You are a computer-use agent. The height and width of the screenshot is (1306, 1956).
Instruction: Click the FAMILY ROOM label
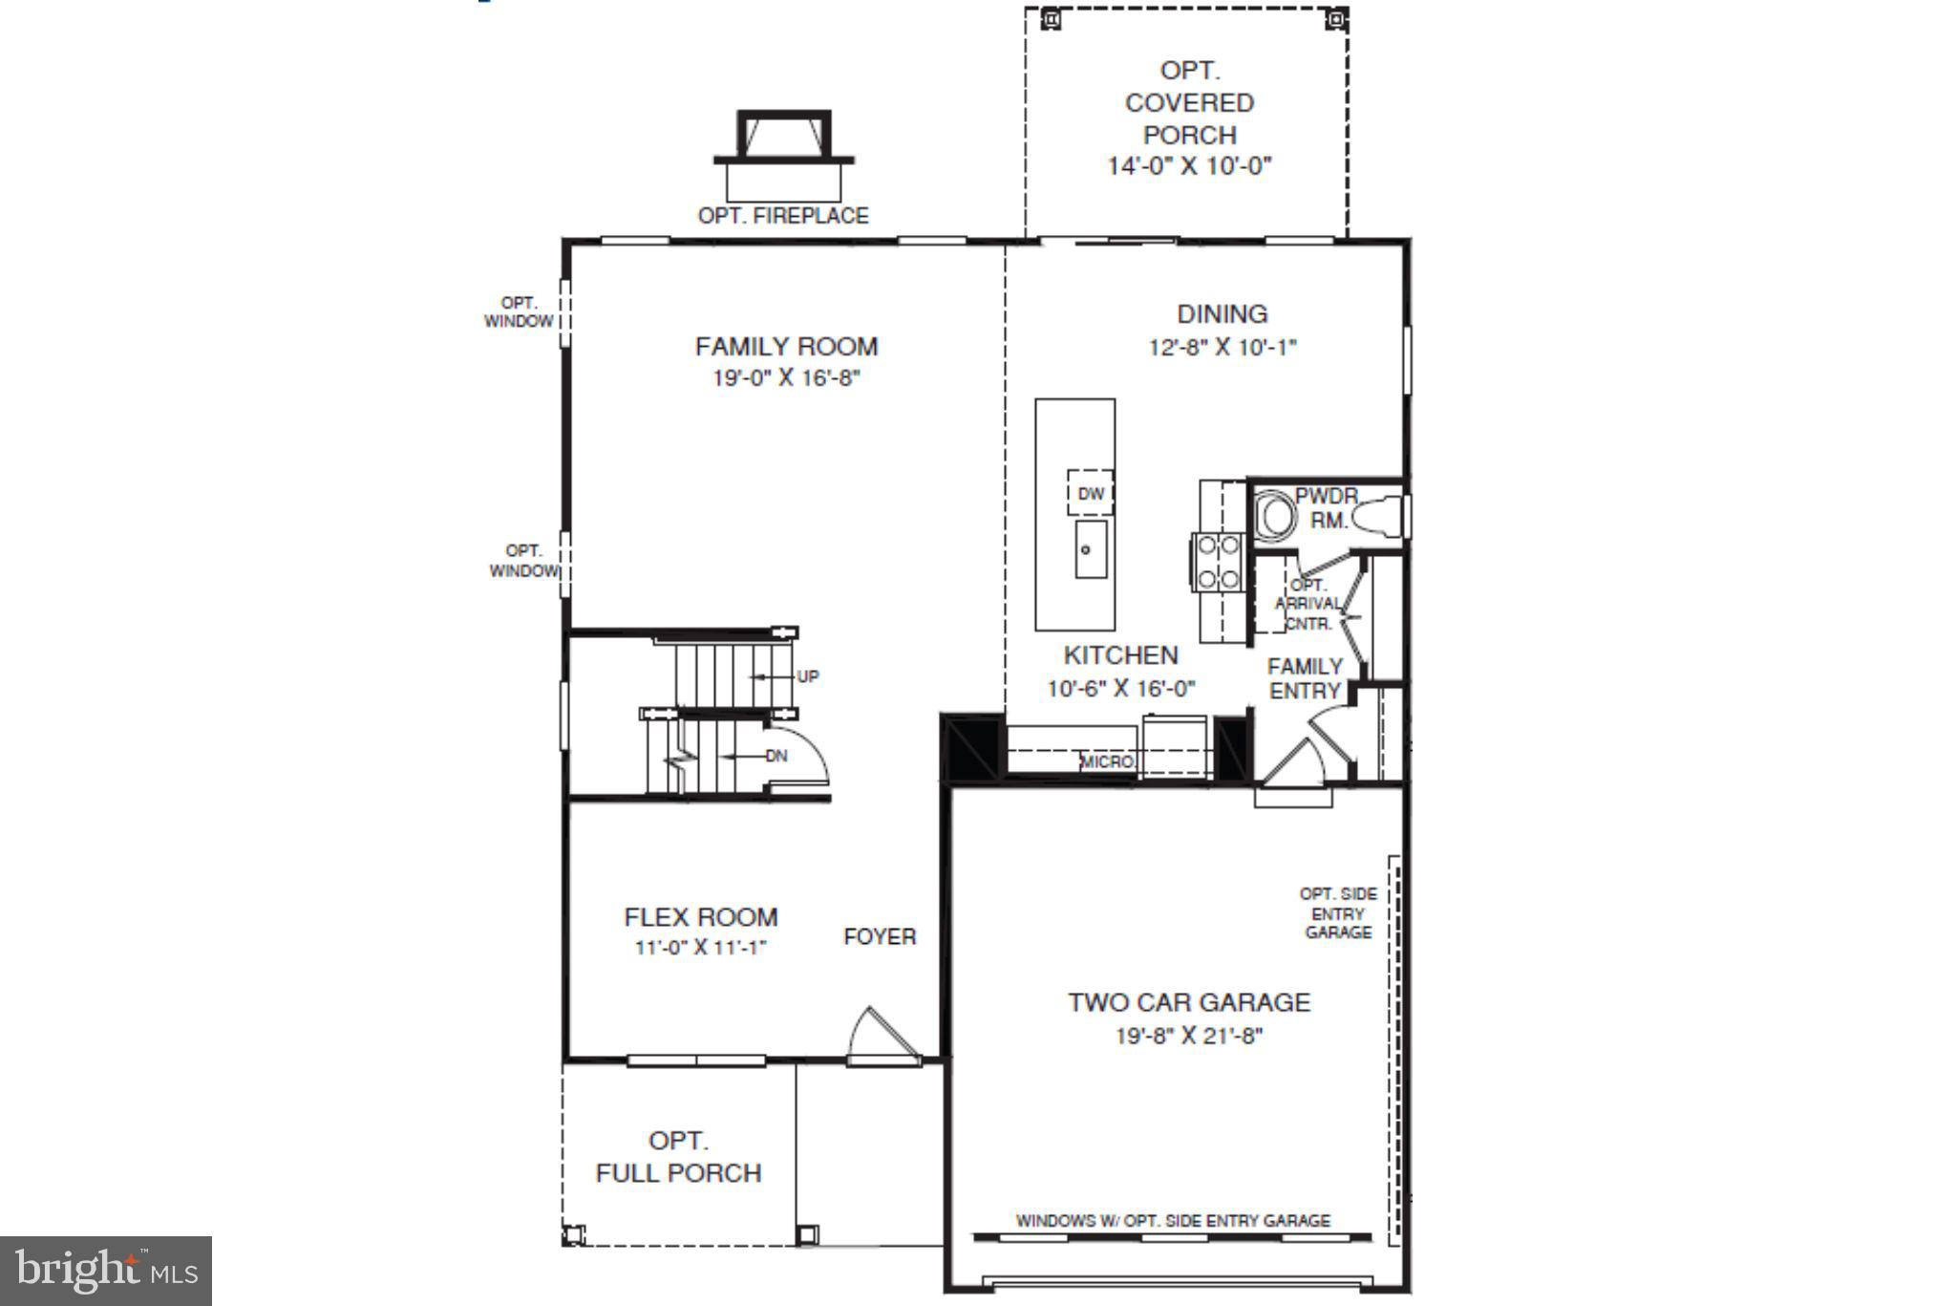pyautogui.click(x=786, y=346)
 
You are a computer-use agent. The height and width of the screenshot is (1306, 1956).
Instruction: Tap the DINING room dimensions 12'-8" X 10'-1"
pyautogui.click(x=1222, y=347)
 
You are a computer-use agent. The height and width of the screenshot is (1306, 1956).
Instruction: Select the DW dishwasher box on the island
pyautogui.click(x=1090, y=493)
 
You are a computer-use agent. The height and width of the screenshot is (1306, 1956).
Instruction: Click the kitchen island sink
pyautogui.click(x=1090, y=549)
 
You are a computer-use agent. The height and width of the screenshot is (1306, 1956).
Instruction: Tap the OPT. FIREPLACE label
pyautogui.click(x=783, y=216)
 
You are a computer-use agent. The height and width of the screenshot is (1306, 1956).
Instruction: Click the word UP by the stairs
pyautogui.click(x=808, y=676)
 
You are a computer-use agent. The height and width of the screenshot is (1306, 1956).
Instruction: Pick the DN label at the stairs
pyautogui.click(x=776, y=756)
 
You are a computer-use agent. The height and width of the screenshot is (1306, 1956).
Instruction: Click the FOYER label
pyautogui.click(x=880, y=936)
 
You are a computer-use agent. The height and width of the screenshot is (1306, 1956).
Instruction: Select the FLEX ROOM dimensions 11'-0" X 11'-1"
pyautogui.click(x=701, y=948)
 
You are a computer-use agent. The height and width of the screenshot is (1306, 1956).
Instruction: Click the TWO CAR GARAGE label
pyautogui.click(x=1189, y=1002)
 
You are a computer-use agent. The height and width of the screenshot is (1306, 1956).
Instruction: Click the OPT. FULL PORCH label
pyautogui.click(x=678, y=1157)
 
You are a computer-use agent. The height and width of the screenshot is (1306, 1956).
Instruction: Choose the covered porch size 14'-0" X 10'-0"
pyautogui.click(x=1189, y=166)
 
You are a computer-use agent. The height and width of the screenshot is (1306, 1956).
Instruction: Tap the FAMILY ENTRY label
pyautogui.click(x=1305, y=678)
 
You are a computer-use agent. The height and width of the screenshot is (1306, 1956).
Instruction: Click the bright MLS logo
pyautogui.click(x=106, y=1271)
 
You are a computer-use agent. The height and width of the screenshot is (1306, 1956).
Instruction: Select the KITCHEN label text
pyautogui.click(x=1120, y=655)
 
